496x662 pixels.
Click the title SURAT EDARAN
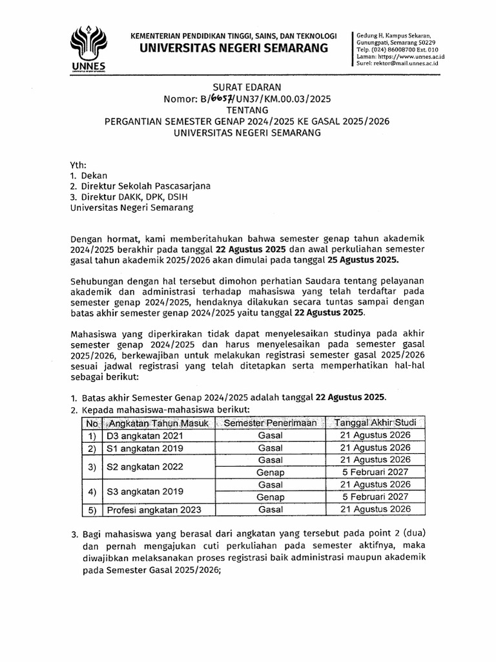247,87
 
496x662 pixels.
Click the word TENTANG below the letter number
247,111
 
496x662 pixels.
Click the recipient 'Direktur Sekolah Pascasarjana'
145,186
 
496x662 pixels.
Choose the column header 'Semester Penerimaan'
271,423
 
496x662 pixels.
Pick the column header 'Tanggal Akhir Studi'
375,423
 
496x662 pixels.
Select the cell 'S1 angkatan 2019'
145,448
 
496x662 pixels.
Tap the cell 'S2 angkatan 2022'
145,466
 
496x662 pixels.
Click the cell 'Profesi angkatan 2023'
154,509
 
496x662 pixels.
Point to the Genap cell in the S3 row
271,496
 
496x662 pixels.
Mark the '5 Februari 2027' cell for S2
375,472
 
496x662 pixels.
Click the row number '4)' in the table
92,491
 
